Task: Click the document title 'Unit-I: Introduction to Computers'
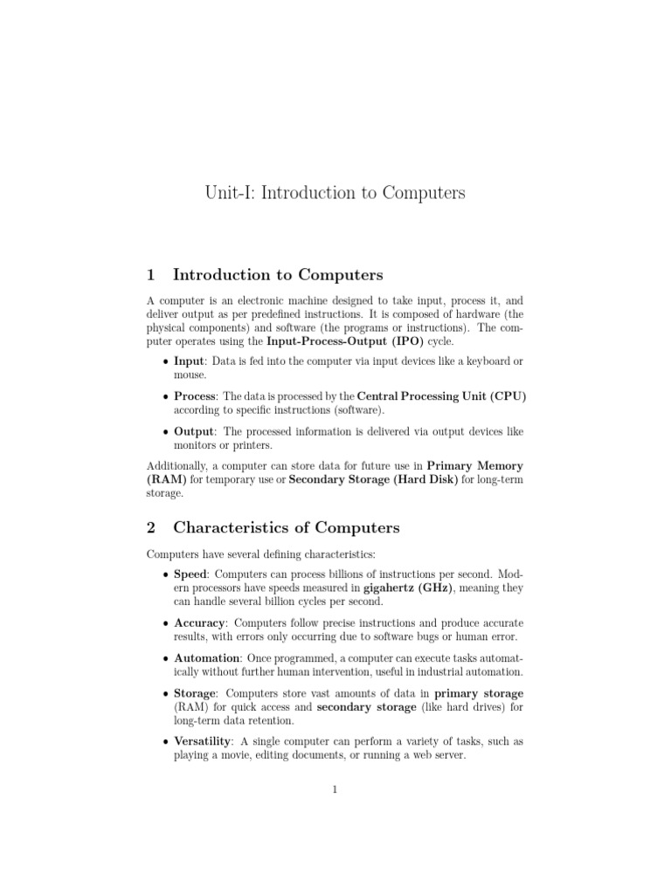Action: tap(335, 193)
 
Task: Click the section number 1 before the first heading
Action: tap(150, 275)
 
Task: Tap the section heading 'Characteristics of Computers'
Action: tap(286, 527)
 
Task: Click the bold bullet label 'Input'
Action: tap(188, 361)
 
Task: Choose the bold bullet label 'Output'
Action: tap(194, 430)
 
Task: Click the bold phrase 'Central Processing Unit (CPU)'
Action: tap(442, 395)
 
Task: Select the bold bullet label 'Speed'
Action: tap(190, 574)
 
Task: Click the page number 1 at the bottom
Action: tap(335, 790)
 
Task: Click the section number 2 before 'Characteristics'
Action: tap(150, 527)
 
